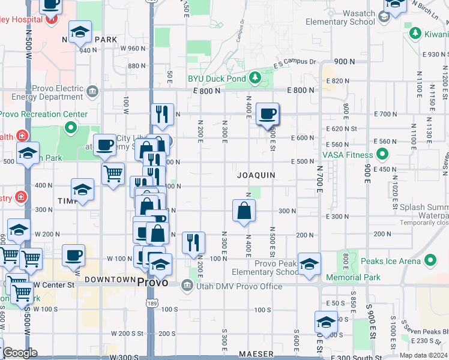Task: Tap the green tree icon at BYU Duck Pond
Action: (x=255, y=77)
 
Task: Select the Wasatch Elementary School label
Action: (x=340, y=17)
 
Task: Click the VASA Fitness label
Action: (x=348, y=155)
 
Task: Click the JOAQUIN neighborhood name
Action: (x=256, y=175)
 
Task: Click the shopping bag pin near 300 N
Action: (x=244, y=211)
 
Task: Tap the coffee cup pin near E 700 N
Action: (x=267, y=113)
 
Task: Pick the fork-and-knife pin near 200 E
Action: (x=193, y=242)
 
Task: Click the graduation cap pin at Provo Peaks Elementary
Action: (x=309, y=264)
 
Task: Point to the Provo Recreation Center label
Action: (x=43, y=115)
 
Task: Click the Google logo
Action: (x=20, y=353)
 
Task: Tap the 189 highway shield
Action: (x=151, y=305)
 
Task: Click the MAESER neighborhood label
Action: (x=256, y=355)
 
